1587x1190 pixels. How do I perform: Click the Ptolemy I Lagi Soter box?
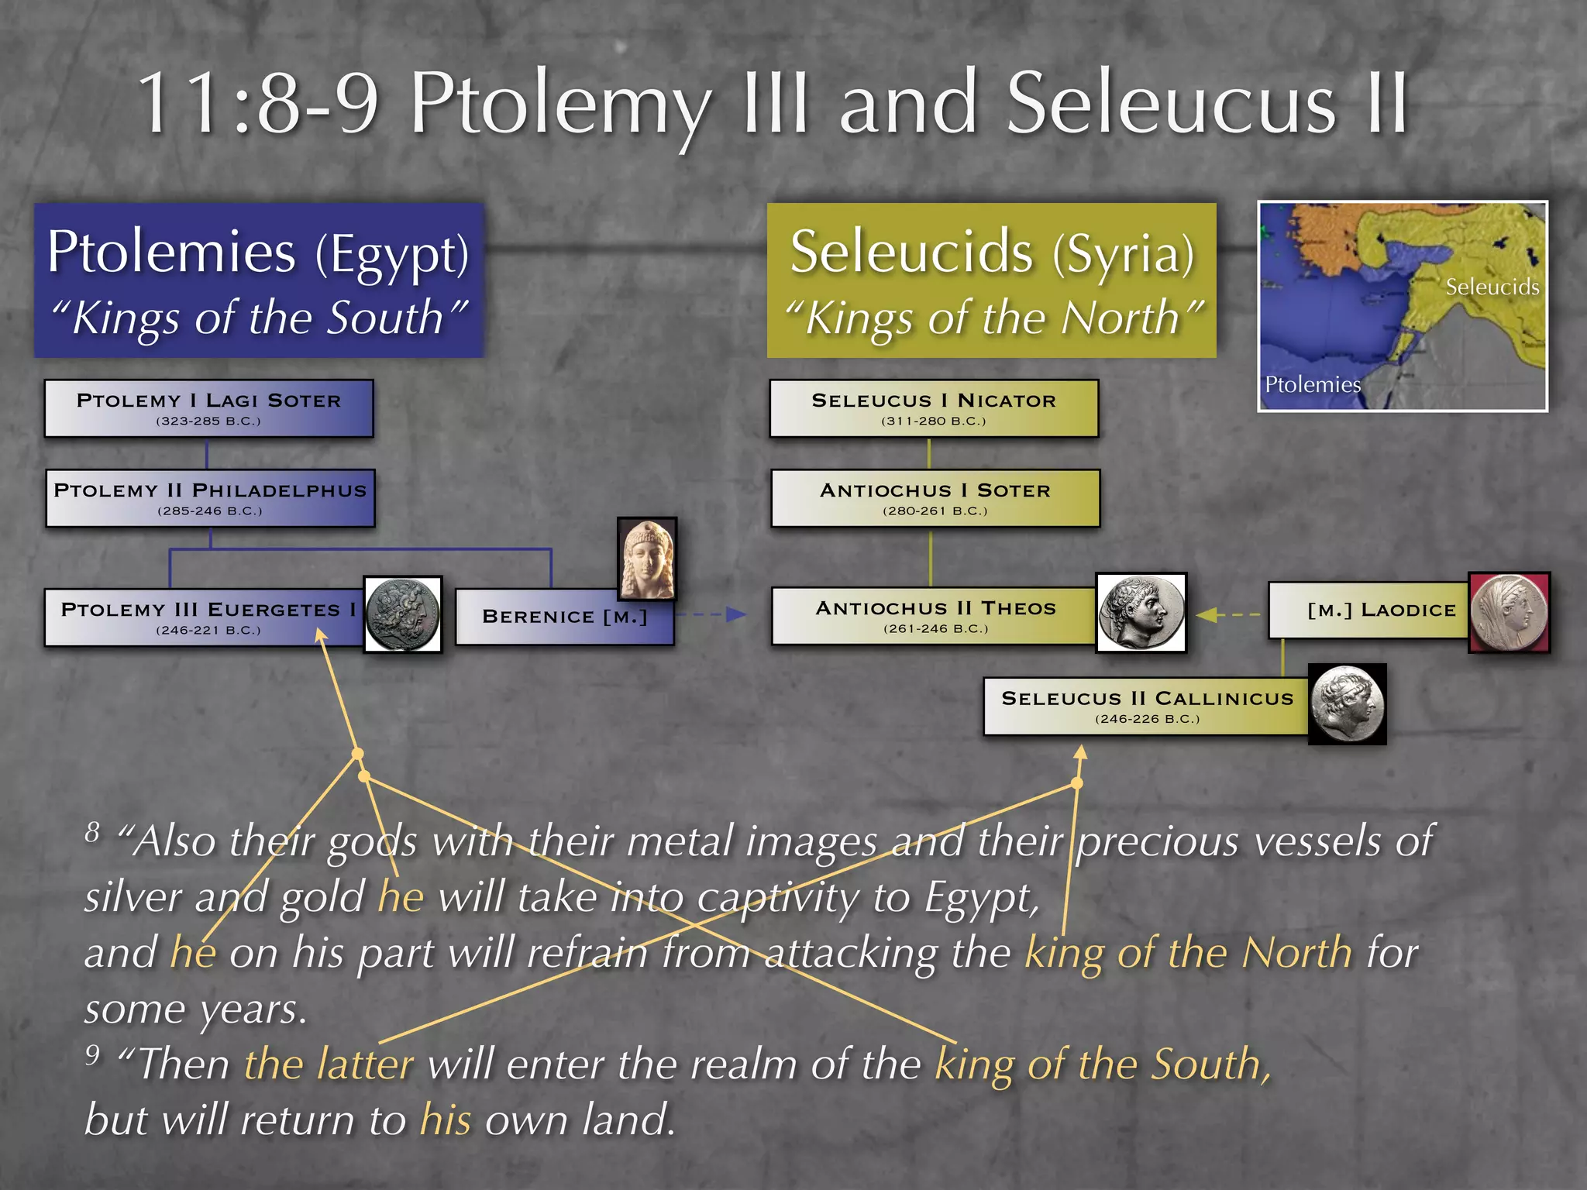pyautogui.click(x=208, y=408)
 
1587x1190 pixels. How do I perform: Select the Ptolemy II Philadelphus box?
pyautogui.click(x=210, y=498)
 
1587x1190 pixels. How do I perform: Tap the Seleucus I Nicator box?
pyautogui.click(x=934, y=408)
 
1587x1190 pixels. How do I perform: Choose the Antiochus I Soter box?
pyautogui.click(x=935, y=498)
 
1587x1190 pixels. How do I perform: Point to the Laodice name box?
pyautogui.click(x=1369, y=610)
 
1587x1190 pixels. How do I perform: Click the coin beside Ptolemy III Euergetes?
pyautogui.click(x=402, y=614)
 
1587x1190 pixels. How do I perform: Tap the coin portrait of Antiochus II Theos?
pyautogui.click(x=1141, y=613)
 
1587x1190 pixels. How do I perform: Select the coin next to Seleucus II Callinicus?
pyautogui.click(x=1347, y=704)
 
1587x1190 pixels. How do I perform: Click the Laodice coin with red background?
pyautogui.click(x=1509, y=612)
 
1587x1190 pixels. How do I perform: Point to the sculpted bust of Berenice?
pyautogui.click(x=647, y=559)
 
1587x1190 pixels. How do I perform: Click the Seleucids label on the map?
pyautogui.click(x=1492, y=287)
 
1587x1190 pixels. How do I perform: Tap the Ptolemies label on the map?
pyautogui.click(x=1312, y=384)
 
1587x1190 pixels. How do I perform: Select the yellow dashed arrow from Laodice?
pyautogui.click(x=1228, y=614)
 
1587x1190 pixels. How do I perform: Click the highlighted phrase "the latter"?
pyautogui.click(x=329, y=1064)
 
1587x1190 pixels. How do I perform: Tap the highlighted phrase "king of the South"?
pyautogui.click(x=1102, y=1064)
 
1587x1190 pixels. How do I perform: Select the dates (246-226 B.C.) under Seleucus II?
pyautogui.click(x=1147, y=719)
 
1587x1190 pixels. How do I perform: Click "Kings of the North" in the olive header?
pyautogui.click(x=993, y=318)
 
